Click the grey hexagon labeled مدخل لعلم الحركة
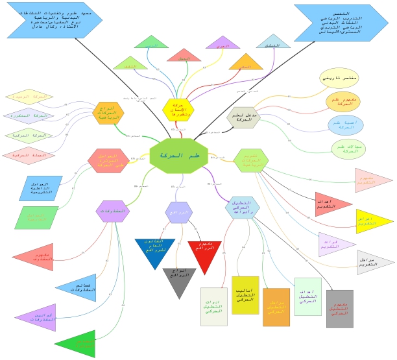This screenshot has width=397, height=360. coord(245,117)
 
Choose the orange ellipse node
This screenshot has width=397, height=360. coord(343,102)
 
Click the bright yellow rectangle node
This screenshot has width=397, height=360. coord(245,295)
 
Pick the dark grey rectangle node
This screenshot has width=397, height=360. coord(339,308)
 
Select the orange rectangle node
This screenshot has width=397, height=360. coord(276,307)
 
